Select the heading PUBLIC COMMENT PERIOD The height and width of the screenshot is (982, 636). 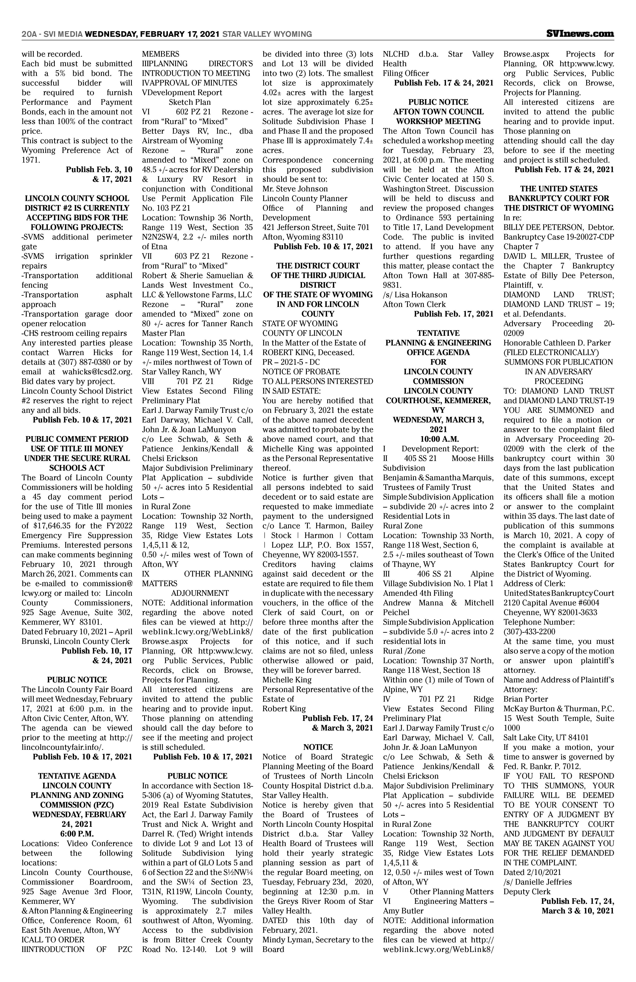77,439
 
